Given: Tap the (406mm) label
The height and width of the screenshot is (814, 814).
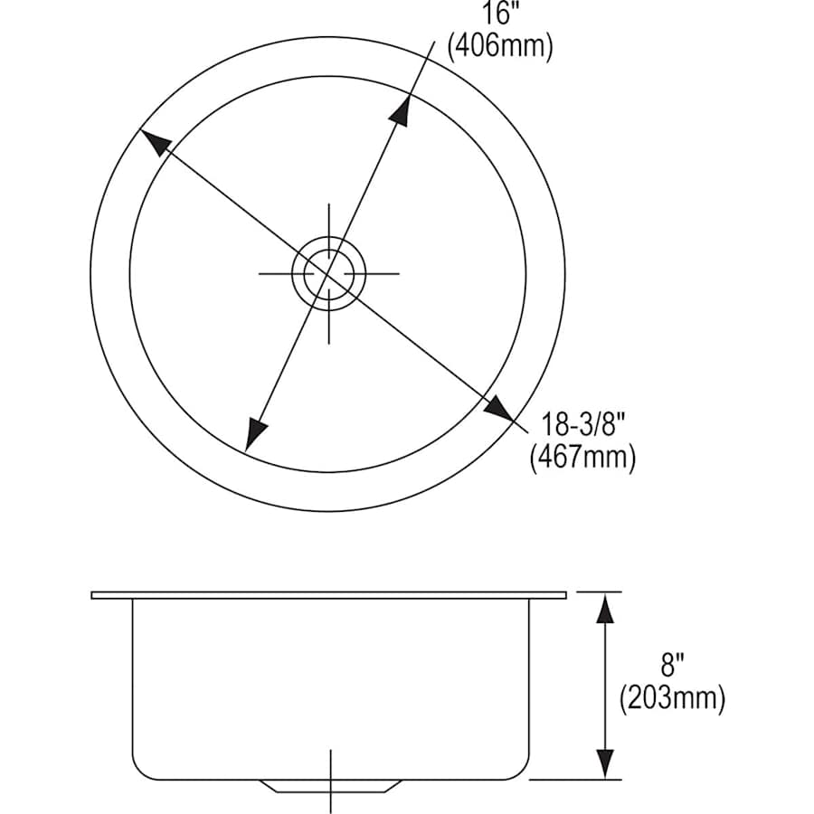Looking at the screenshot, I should coord(499,45).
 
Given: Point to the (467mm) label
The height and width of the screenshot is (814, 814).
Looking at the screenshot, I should coord(582,457).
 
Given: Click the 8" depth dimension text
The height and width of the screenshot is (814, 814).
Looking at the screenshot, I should coord(672,668).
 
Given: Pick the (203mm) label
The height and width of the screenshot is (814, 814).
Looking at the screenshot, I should coord(672,699).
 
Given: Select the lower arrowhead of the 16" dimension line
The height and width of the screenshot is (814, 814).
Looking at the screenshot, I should coord(257,434).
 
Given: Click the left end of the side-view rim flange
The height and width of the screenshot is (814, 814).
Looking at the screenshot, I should coord(93,595).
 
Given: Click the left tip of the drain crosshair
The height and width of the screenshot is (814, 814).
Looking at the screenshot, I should coord(260,272).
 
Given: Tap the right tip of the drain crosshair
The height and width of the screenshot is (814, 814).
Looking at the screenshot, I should coord(398,272).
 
